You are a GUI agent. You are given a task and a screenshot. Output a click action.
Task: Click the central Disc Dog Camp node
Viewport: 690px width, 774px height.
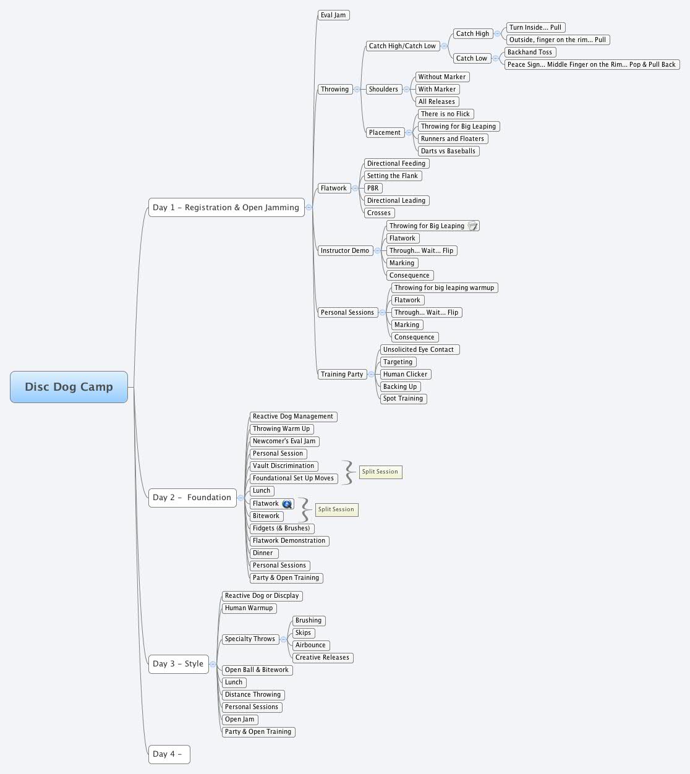point(69,387)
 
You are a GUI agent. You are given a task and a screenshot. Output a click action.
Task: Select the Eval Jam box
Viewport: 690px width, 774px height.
point(333,15)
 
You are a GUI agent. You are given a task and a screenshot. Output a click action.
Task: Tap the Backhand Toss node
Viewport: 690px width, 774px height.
point(530,52)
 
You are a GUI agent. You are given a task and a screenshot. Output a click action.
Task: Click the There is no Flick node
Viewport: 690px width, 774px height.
point(445,114)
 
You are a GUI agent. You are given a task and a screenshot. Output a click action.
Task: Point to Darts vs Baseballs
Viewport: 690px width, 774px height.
point(448,151)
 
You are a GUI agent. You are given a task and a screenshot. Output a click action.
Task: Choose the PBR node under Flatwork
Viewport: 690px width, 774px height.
point(373,188)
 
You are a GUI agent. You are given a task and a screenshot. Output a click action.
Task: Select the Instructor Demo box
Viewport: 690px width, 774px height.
point(344,250)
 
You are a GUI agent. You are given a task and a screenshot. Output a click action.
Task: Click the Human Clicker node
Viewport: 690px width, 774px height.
point(405,374)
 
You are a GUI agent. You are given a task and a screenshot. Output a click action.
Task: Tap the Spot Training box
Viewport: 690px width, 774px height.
point(403,399)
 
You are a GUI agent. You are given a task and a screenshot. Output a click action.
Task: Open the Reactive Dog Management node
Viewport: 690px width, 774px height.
point(293,417)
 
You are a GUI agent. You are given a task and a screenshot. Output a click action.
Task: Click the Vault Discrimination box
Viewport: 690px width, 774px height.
point(284,466)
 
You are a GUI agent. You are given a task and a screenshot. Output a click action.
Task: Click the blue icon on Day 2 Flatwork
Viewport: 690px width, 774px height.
point(287,504)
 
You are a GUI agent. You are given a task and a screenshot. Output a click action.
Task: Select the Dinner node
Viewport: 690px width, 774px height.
point(263,553)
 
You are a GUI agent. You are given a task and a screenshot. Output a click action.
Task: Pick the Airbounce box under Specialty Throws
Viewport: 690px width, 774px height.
point(310,645)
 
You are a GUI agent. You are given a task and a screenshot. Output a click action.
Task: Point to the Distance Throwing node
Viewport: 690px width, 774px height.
point(253,695)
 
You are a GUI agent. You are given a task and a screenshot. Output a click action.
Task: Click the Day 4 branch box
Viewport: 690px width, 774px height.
point(168,754)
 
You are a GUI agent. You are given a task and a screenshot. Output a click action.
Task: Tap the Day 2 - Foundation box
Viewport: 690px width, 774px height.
point(192,498)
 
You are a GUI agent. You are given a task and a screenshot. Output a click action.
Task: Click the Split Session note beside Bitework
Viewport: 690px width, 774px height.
point(336,509)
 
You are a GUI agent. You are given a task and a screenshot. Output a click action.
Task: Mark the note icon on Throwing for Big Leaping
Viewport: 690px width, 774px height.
point(472,226)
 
